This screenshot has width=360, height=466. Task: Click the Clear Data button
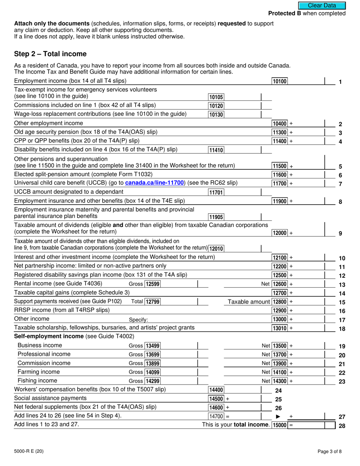[x=322, y=5]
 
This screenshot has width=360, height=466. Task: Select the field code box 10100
[x=280, y=81]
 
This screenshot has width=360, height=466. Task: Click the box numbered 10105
[x=216, y=97]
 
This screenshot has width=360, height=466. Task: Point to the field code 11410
[x=216, y=150]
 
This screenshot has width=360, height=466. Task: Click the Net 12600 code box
[x=280, y=284]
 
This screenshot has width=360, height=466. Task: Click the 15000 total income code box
[x=280, y=425]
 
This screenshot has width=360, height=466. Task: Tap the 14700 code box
[x=216, y=416]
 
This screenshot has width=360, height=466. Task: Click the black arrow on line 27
[x=278, y=417]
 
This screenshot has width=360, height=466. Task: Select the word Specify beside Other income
[x=138, y=319]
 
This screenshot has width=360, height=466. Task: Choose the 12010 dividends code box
[x=216, y=249]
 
